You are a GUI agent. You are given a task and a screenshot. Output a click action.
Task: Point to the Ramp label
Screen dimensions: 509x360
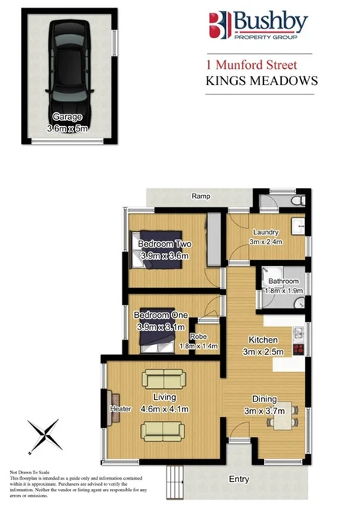coord(202,196)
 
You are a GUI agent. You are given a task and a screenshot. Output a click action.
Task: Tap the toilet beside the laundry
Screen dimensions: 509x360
coord(292,202)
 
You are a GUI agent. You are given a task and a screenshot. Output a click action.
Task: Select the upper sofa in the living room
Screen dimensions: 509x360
coord(163,380)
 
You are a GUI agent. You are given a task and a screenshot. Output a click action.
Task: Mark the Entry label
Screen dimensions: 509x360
coord(239,480)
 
